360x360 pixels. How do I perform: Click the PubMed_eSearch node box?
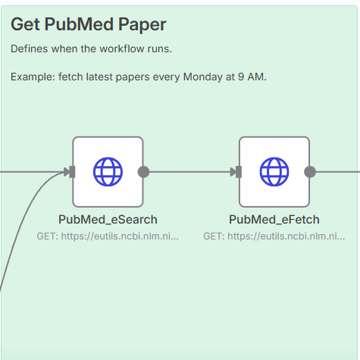click(108, 172)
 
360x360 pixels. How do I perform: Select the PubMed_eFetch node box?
click(274, 172)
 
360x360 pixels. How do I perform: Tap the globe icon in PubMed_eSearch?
click(108, 172)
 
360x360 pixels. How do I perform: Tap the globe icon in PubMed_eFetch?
click(274, 172)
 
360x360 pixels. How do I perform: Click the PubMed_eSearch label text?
click(108, 220)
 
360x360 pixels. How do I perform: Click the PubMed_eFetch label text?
click(274, 220)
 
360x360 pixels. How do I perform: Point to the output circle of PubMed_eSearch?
click(143, 172)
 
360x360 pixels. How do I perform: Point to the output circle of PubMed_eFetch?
click(310, 172)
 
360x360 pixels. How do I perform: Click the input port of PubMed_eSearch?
click(72, 172)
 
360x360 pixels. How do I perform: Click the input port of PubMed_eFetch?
click(239, 172)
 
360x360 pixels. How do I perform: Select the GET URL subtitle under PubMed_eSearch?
click(108, 236)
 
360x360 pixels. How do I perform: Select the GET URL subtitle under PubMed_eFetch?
click(274, 236)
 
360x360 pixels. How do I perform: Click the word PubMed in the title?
click(79, 24)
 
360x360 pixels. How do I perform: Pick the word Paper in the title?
click(142, 25)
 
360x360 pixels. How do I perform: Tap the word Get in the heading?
click(25, 24)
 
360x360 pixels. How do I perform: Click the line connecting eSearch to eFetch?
click(189, 172)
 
